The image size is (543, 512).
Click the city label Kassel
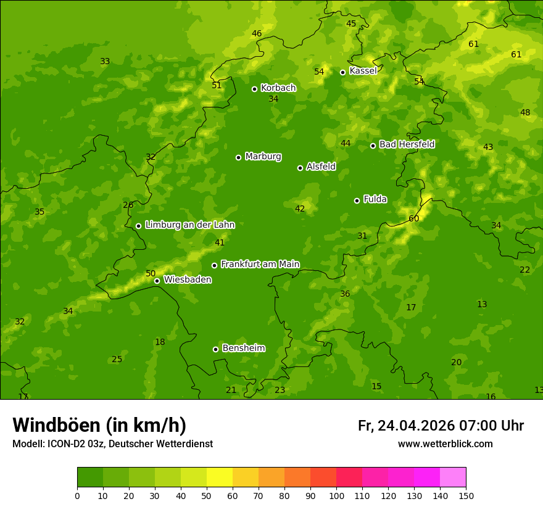pos(363,71)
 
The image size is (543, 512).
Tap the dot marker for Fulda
pos(357,200)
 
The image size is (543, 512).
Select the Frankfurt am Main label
pos(260,264)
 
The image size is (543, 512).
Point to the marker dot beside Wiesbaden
pos(157,281)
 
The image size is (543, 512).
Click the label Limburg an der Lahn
pos(189,225)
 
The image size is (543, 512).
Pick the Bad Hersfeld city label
pos(407,144)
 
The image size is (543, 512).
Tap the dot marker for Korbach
pos(254,89)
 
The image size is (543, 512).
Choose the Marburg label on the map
pos(263,156)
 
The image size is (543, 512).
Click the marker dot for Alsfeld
pos(300,168)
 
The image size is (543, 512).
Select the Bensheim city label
pos(243,348)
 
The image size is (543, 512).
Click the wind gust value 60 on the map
pos(413,218)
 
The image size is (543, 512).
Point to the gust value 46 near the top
pos(257,33)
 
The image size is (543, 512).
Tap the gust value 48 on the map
pos(525,112)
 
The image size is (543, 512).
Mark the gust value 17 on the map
pos(411,307)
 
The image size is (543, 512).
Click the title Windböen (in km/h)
pos(99,425)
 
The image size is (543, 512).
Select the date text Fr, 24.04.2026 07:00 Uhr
pos(441,426)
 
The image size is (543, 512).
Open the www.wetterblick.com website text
pos(445,444)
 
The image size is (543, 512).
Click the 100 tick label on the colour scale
pos(336,495)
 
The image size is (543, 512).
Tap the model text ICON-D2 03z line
pos(112,444)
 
